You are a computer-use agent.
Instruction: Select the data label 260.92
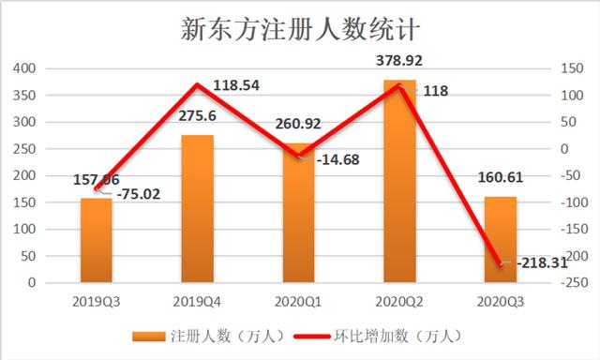[298, 126]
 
